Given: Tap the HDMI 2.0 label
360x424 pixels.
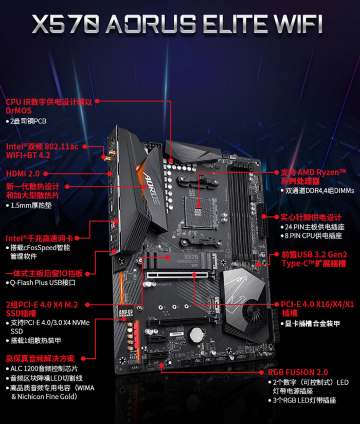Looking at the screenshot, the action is [x=23, y=174].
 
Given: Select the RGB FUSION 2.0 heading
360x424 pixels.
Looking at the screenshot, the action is [x=298, y=373].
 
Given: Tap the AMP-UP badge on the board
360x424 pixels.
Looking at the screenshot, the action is [x=126, y=313].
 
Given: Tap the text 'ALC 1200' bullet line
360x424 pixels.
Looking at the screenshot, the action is [x=44, y=368].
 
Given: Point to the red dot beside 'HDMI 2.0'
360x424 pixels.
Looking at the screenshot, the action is [x=45, y=174].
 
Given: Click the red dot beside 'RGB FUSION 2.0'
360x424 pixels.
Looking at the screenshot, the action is [x=261, y=373].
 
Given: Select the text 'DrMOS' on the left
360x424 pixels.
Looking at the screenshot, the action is [x=19, y=110].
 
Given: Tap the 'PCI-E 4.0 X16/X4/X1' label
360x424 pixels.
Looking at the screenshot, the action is [x=317, y=304].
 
